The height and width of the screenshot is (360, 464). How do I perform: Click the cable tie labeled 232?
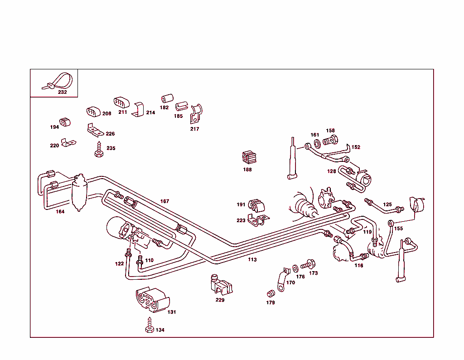59,82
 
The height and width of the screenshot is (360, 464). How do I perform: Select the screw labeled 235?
97,150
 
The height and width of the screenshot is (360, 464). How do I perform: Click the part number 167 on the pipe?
164,201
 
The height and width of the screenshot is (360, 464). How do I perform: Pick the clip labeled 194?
64,122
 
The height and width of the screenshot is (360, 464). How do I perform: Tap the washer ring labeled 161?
317,143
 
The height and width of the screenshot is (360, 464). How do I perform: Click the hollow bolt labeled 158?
330,140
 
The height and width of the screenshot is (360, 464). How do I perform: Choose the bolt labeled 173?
308,264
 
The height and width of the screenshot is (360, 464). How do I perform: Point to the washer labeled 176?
295,267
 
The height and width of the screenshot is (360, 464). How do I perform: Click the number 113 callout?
252,260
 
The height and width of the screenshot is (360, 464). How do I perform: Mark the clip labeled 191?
257,205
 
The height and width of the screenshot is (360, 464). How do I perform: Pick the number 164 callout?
60,212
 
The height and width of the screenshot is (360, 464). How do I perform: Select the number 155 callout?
398,229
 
